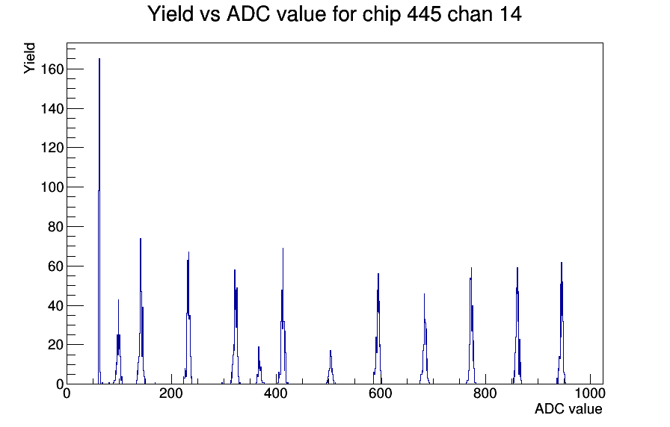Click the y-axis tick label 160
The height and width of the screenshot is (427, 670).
point(52,69)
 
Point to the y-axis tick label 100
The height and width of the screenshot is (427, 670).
point(52,187)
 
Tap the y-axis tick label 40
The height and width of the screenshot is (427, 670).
point(55,305)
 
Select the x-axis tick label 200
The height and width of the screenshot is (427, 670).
point(171,393)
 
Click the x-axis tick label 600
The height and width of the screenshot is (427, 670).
point(381,393)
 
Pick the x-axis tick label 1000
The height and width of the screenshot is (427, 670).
point(590,393)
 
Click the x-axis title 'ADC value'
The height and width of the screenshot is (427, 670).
point(568,408)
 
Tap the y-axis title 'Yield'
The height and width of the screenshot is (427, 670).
point(29,58)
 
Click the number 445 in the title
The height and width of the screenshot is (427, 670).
point(423,14)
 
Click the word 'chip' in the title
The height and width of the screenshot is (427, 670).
point(381,15)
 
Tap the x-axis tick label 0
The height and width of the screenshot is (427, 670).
point(67,393)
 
